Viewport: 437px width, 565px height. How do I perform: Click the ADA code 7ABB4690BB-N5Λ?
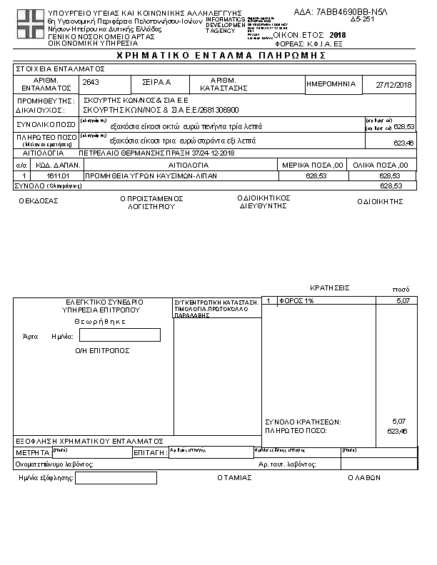point(350,12)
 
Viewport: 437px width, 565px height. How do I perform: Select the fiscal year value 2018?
point(338,34)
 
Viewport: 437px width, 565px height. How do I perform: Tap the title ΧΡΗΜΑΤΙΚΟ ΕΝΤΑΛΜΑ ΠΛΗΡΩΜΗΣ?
point(218,55)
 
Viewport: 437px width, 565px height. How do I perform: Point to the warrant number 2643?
point(92,83)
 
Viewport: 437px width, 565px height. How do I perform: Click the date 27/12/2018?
point(394,85)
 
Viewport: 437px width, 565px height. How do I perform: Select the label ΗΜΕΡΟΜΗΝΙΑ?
point(331,84)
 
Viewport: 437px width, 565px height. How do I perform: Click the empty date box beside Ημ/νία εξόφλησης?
point(116,478)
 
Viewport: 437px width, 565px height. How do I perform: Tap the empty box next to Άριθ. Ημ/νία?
point(136,335)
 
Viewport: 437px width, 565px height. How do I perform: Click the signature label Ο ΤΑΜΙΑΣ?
point(234,478)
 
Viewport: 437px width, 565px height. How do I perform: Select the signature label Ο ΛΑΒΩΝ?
point(364,478)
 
